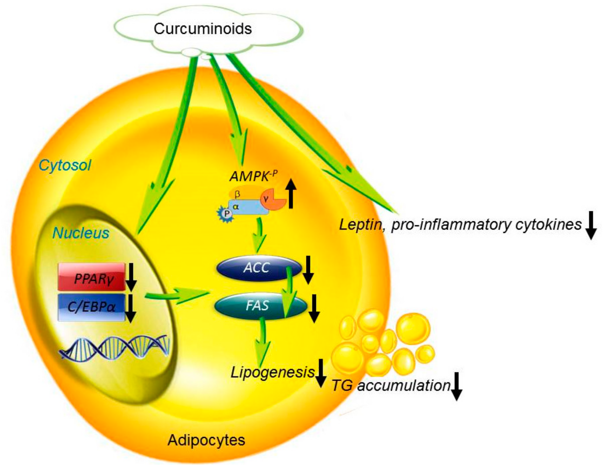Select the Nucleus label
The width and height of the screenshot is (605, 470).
(81, 233)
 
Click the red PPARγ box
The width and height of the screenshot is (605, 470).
(92, 277)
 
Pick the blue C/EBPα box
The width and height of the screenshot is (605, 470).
(92, 307)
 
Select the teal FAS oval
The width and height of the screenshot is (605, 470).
(258, 306)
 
